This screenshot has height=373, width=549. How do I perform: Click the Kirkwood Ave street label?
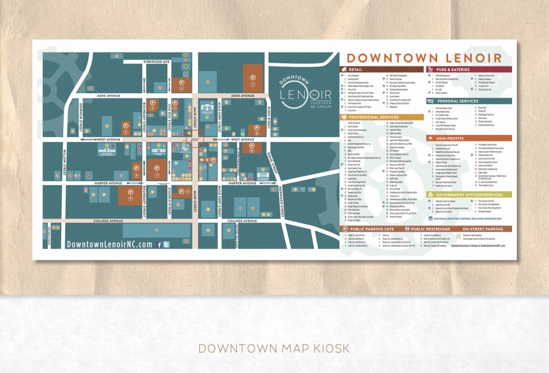coord(156,62)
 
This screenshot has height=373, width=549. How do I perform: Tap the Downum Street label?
coord(80,116)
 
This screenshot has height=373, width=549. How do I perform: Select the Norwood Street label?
coord(280,203)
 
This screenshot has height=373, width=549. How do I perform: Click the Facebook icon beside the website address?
coord(159,244)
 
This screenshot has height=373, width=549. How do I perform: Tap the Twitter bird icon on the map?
coord(166,244)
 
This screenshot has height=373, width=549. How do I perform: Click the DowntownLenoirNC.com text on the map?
coord(109,244)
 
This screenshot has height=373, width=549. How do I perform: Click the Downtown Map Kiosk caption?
coord(274,348)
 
